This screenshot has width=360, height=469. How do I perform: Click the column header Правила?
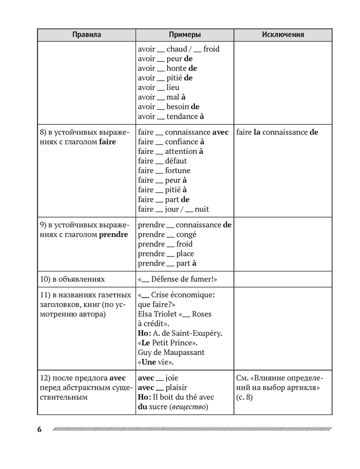(87, 35)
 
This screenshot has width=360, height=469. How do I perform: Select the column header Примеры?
(185, 35)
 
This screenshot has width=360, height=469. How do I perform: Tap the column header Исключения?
(283, 35)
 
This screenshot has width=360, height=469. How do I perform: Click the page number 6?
(39, 430)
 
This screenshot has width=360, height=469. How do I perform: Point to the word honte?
(176, 68)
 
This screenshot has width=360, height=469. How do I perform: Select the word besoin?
(178, 107)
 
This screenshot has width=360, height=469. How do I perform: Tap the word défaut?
(176, 161)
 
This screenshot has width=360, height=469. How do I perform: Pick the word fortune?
(178, 171)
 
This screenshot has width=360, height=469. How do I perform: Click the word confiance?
(182, 142)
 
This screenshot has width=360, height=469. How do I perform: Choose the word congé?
(186, 234)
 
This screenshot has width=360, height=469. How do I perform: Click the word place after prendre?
(185, 254)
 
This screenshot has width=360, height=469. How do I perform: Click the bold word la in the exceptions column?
(257, 132)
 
